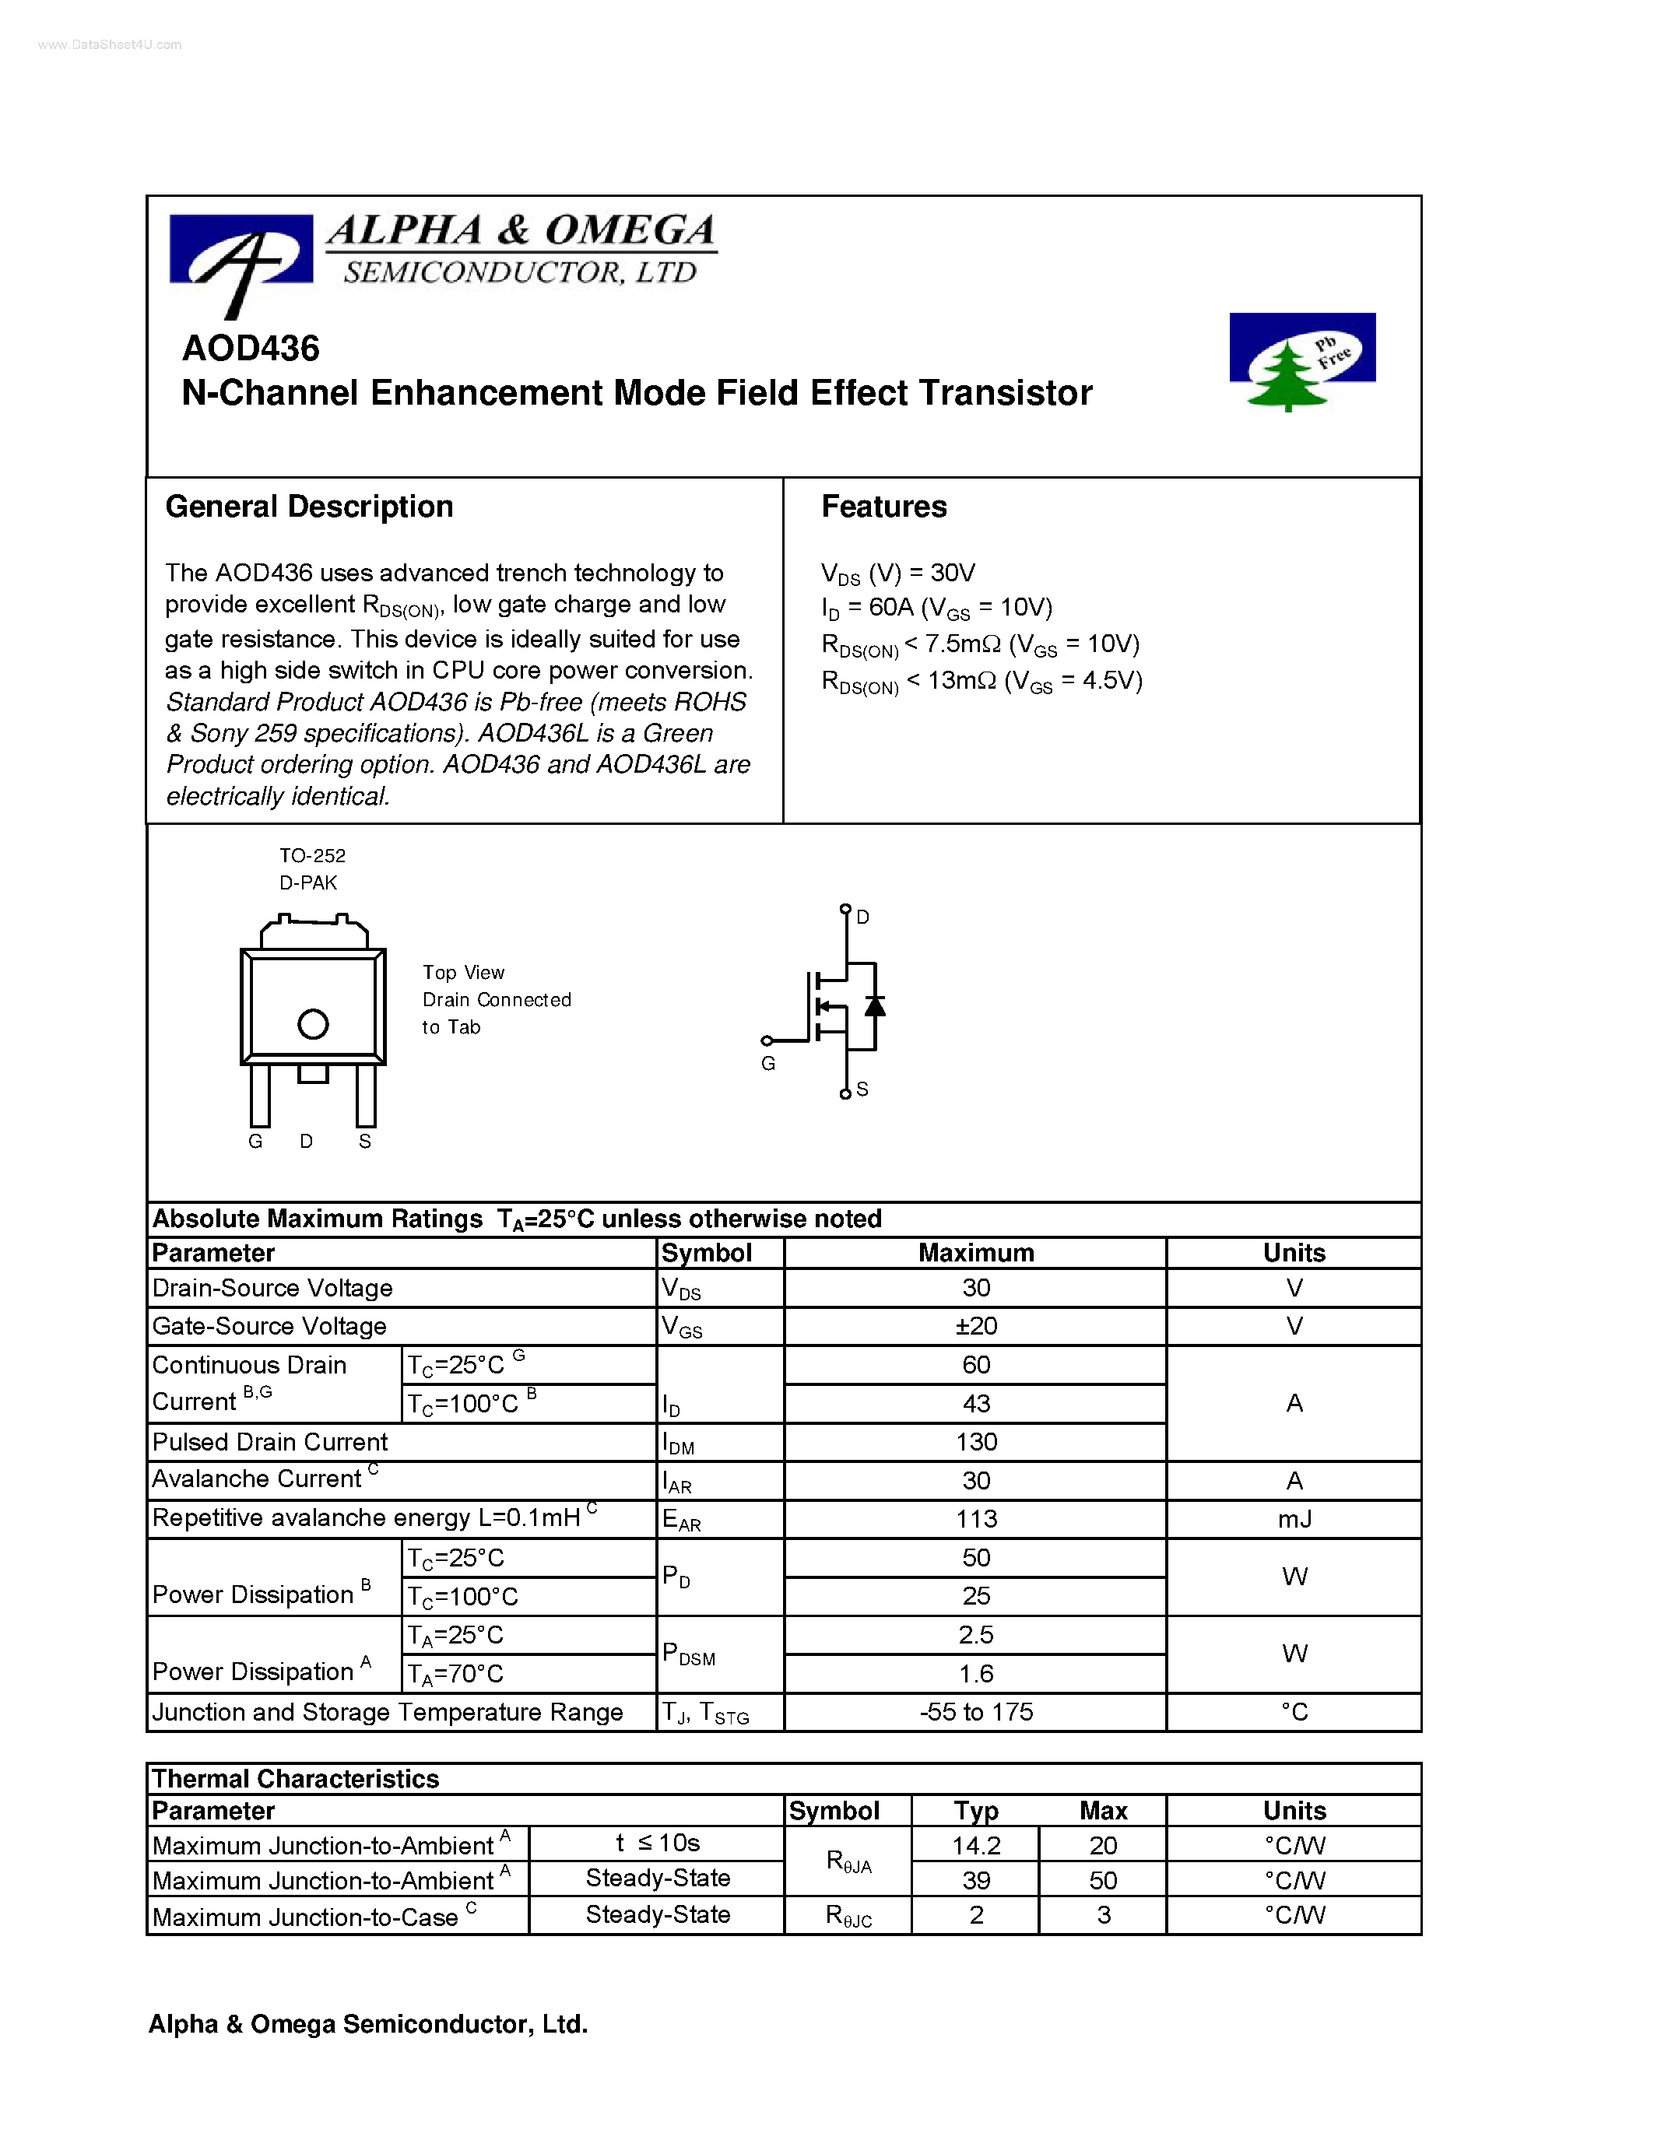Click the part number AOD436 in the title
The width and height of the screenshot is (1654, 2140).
[251, 349]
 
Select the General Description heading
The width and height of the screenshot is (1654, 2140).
[309, 507]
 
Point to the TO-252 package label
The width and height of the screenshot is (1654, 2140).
[311, 855]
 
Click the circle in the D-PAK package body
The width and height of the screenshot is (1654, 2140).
[313, 1024]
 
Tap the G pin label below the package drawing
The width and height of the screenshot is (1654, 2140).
[256, 1142]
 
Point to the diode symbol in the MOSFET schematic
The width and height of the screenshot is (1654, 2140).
[875, 1006]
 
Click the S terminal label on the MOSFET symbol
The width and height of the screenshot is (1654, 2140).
[862, 1089]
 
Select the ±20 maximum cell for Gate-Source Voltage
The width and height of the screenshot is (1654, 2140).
[975, 1327]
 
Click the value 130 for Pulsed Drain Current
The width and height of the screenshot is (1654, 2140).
[975, 1442]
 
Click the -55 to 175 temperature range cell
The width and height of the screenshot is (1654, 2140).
[975, 1712]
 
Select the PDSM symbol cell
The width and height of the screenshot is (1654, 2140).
[688, 1655]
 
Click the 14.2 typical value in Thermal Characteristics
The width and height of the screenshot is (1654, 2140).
[975, 1846]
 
